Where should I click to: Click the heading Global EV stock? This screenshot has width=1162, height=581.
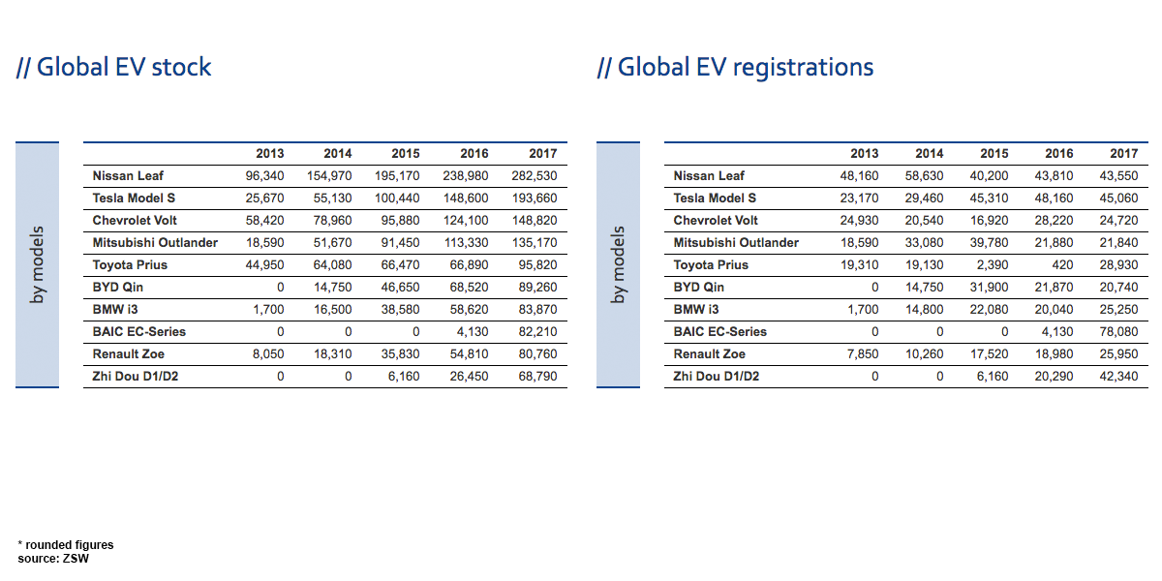point(114,67)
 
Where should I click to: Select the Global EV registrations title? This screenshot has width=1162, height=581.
point(736,67)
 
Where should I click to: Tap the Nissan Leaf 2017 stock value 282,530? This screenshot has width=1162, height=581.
point(535,176)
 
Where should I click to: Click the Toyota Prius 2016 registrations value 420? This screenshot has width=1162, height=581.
point(1062,265)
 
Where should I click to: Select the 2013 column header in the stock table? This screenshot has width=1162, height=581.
point(269,154)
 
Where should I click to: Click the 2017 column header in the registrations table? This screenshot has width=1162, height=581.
point(1123,154)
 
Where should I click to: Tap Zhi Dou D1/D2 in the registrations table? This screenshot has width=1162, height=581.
point(717,377)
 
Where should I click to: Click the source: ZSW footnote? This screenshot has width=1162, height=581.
point(52,558)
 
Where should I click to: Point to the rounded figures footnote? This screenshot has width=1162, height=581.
point(66,545)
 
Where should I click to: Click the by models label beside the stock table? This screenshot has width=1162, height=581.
point(38,265)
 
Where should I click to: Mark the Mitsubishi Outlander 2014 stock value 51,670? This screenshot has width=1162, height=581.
point(331,243)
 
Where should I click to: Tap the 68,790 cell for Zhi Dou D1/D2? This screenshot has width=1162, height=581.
point(537,377)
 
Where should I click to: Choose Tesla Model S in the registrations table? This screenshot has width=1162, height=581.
point(715,199)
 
